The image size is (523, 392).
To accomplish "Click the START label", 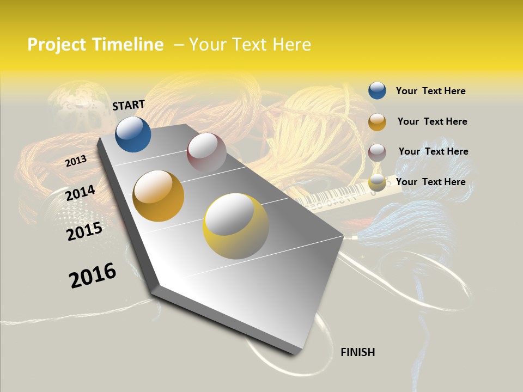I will pyautogui.click(x=129, y=105).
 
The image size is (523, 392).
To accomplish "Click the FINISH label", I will pyautogui.click(x=357, y=352).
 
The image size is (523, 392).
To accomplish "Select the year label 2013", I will pyautogui.click(x=76, y=161).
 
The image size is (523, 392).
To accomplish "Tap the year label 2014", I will pyautogui.click(x=80, y=193).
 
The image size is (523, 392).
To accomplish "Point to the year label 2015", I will pyautogui.click(x=84, y=231).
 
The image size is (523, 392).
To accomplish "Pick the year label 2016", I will pyautogui.click(x=93, y=275).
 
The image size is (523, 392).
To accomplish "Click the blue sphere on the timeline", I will pyautogui.click(x=133, y=134).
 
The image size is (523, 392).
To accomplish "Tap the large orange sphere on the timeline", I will pyautogui.click(x=159, y=195).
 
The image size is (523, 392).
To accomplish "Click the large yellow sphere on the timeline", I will pyautogui.click(x=235, y=226).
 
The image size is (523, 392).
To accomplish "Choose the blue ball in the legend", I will pyautogui.click(x=377, y=90).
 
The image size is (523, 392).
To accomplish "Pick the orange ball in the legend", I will pyautogui.click(x=377, y=122).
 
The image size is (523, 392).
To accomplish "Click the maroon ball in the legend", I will pyautogui.click(x=377, y=152).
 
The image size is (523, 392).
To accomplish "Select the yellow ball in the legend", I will pyautogui.click(x=377, y=182).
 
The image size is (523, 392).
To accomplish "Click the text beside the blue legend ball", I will pyautogui.click(x=430, y=91).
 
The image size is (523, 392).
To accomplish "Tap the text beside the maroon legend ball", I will pyautogui.click(x=433, y=151).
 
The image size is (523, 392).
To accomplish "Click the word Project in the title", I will pyautogui.click(x=57, y=45).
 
